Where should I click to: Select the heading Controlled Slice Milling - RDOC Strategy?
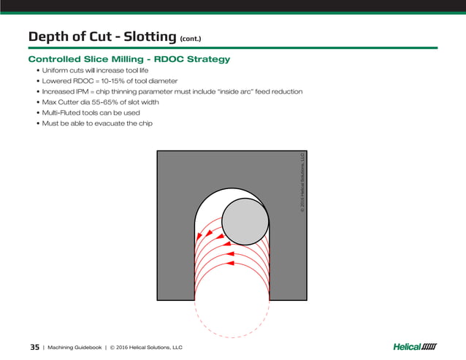pos(129,58)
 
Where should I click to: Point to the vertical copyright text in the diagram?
pos(300,183)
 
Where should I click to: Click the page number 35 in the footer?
pos(34,347)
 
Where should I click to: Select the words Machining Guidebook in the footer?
pos(76,347)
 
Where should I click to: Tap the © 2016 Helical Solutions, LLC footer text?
pos(146,347)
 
